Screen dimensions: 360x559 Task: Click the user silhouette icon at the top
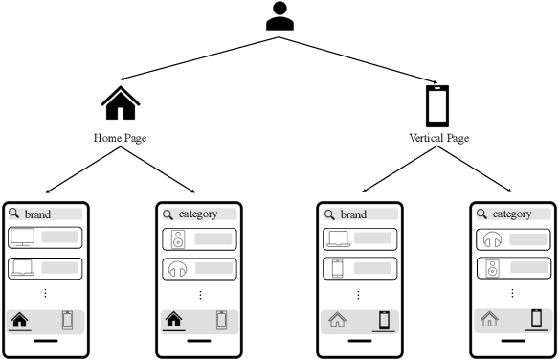(279, 17)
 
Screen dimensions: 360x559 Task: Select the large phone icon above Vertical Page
(437, 105)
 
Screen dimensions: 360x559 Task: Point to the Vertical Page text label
(438, 138)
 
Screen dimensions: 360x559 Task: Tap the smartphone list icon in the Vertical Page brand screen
(337, 269)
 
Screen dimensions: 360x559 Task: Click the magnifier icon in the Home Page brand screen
(14, 214)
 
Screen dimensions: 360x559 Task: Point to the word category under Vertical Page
(511, 214)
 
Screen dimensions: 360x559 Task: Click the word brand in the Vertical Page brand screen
(353, 214)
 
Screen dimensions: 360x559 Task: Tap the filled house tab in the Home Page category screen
(174, 320)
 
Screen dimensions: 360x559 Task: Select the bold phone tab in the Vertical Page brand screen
(384, 321)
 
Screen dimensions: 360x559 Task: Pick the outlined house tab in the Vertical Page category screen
(489, 320)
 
